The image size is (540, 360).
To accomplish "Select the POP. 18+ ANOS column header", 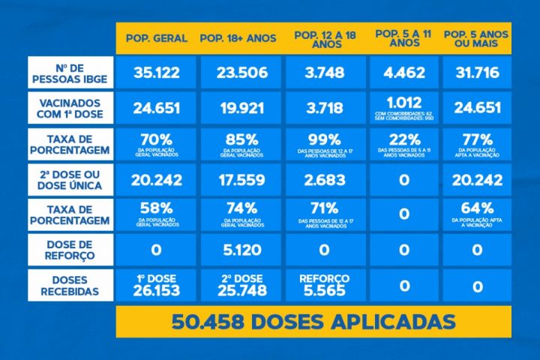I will pos(238,37).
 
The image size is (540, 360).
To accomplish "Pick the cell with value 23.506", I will pos(238,73).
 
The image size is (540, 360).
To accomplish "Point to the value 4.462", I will pos(404,73).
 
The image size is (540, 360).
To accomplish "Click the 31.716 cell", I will pos(477,73).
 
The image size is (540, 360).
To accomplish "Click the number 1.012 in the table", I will pos(404,103).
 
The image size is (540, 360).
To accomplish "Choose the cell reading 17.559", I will pos(238,180).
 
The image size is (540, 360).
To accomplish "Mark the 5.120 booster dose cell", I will pos(238,250).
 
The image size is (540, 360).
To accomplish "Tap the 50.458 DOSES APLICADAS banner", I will pos(313,322).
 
